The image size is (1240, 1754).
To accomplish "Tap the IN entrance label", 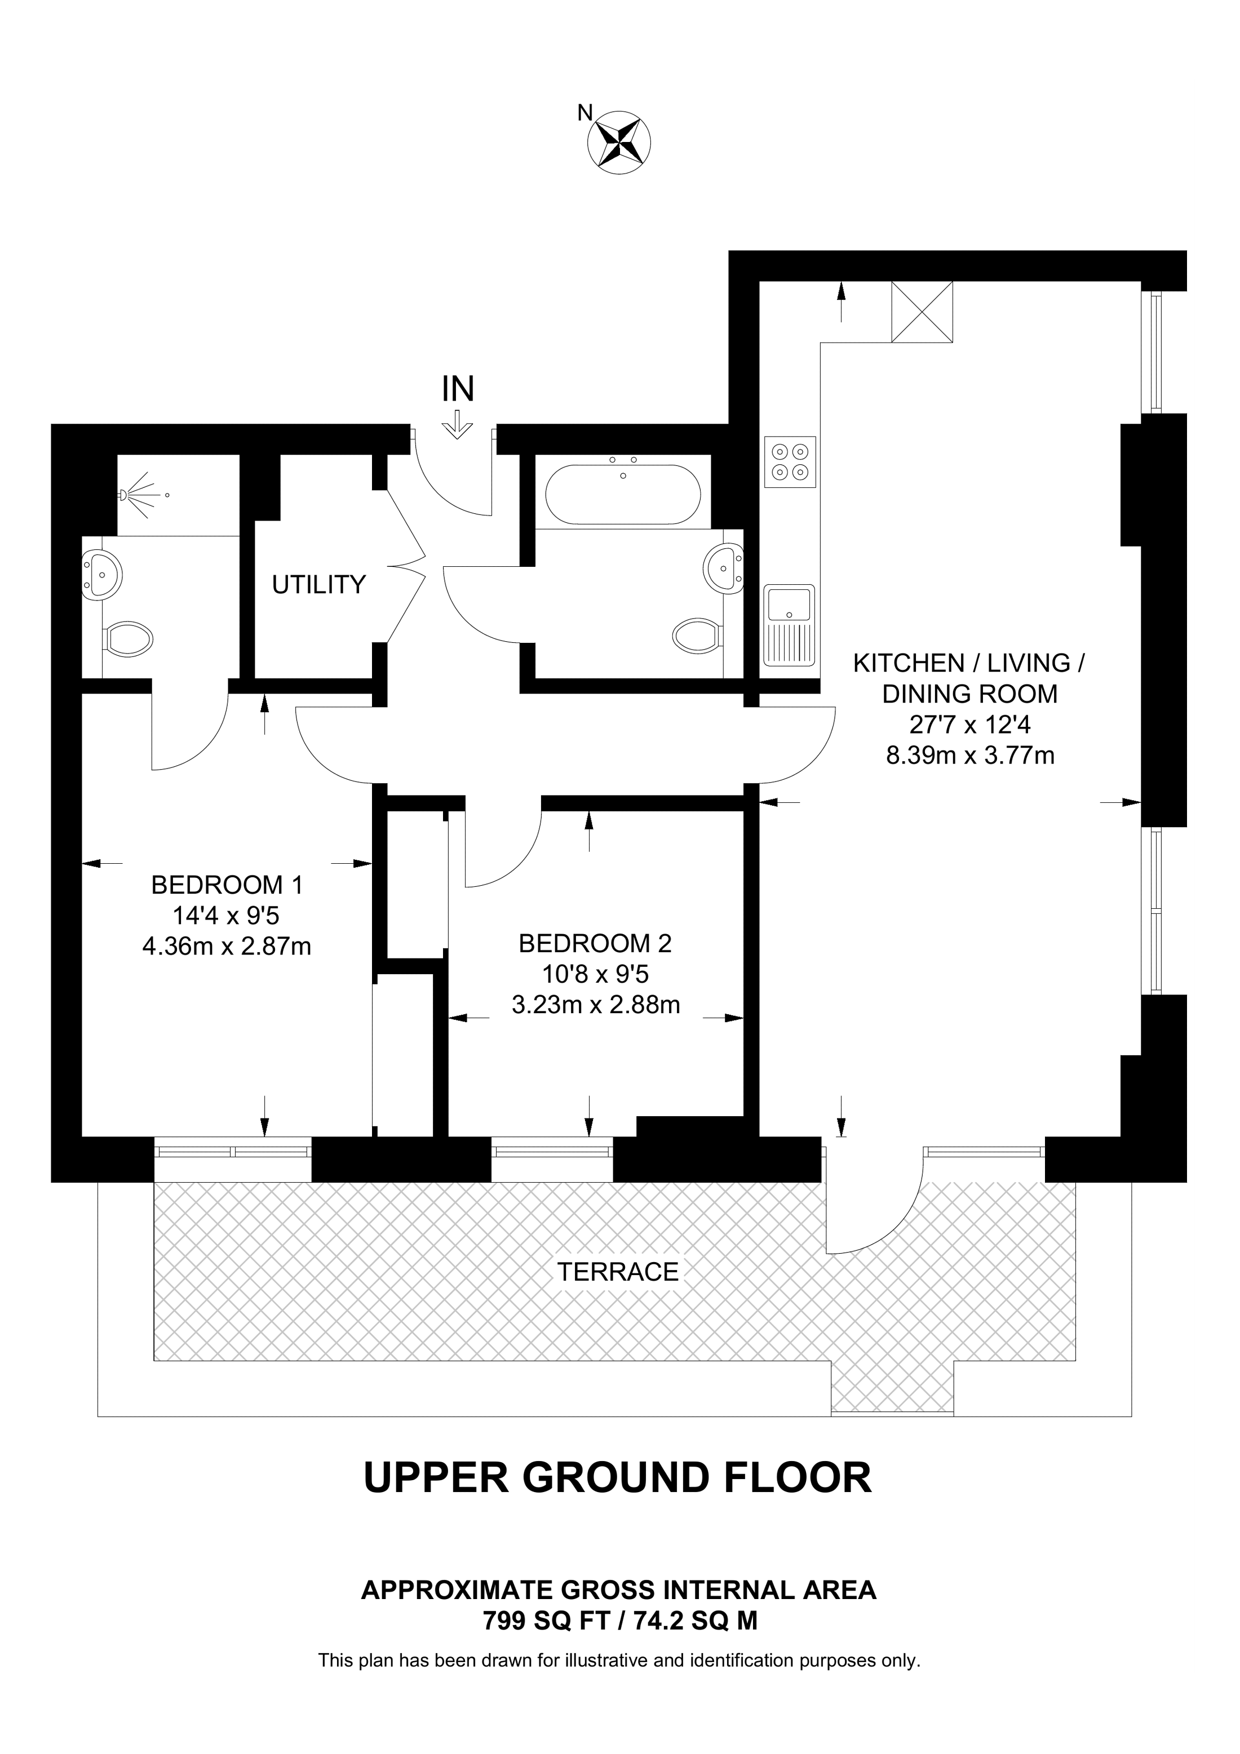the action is coord(458,389).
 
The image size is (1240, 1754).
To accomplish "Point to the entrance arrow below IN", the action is coord(458,425).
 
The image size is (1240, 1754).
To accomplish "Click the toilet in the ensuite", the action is coord(127,638).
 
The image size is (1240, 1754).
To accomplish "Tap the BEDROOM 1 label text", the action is coord(227,885).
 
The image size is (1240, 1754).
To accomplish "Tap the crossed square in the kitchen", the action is coord(922,312).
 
